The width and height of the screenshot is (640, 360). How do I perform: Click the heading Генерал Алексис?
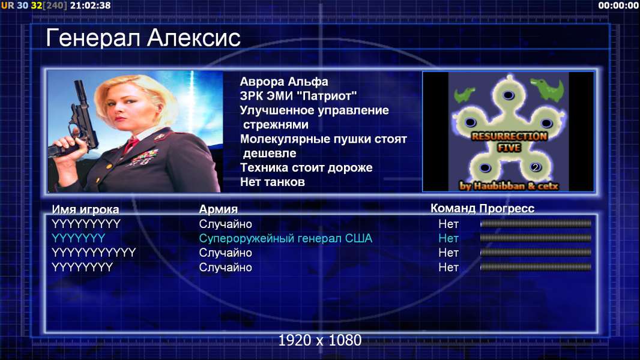[143, 38]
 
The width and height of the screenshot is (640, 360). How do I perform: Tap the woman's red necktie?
[131, 144]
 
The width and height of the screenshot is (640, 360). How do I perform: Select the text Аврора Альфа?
[283, 82]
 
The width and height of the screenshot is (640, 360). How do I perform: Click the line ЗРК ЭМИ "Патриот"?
[298, 96]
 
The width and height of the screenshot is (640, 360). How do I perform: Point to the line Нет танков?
[272, 182]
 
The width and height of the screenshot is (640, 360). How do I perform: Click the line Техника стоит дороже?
[306, 167]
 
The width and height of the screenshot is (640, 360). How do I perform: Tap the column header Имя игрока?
[85, 209]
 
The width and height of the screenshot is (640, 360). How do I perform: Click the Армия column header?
[218, 209]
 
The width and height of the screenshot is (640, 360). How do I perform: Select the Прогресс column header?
[507, 208]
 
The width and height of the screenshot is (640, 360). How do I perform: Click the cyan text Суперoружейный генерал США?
[285, 238]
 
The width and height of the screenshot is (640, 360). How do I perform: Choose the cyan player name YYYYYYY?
[79, 238]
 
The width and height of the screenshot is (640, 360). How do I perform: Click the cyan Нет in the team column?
[448, 238]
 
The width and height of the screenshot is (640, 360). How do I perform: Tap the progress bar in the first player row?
[536, 223]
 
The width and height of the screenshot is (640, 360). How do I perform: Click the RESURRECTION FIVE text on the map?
[509, 142]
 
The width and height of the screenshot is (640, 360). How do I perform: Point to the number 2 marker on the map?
[536, 167]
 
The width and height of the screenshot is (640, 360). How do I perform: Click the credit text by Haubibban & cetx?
[509, 186]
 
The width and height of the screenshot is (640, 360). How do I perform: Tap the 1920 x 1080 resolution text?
[319, 340]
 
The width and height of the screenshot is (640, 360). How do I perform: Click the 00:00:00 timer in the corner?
[618, 5]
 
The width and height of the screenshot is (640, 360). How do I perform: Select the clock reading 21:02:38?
[90, 5]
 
